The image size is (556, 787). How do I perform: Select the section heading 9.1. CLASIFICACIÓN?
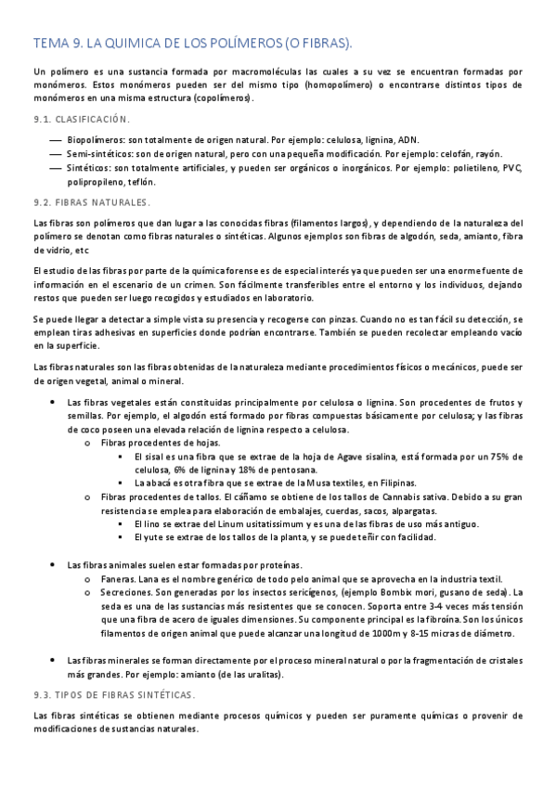(82, 119)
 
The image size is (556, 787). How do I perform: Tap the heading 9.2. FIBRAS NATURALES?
(91, 201)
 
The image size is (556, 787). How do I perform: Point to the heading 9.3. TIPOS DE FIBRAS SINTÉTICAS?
(114, 694)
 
